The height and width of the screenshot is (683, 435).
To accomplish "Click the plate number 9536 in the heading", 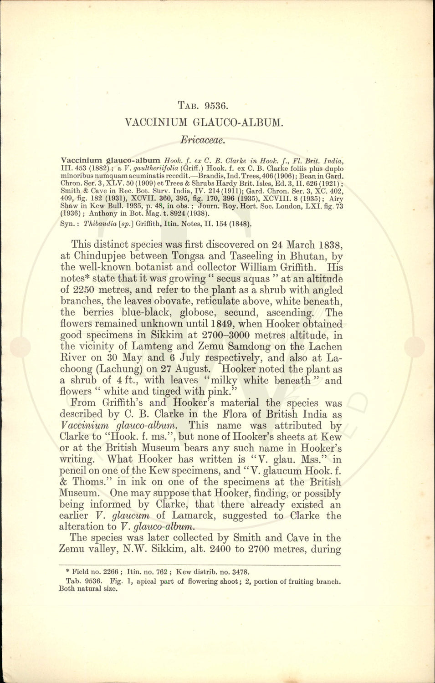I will point(216,106).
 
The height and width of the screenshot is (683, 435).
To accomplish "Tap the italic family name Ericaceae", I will point(202,140).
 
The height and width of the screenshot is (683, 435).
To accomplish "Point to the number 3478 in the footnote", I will point(238,572).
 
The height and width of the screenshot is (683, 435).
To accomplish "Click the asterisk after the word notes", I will point(88,277).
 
